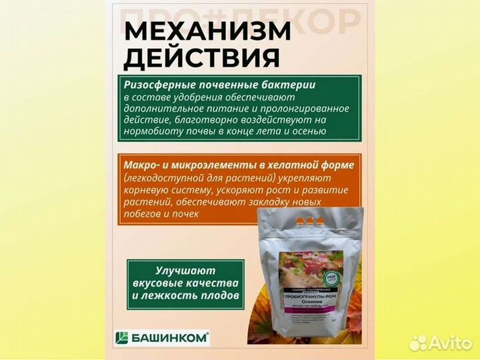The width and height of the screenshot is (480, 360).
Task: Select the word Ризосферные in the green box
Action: pyautogui.click(x=155, y=85)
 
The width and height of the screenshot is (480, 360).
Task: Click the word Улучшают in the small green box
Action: pyautogui.click(x=183, y=271)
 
